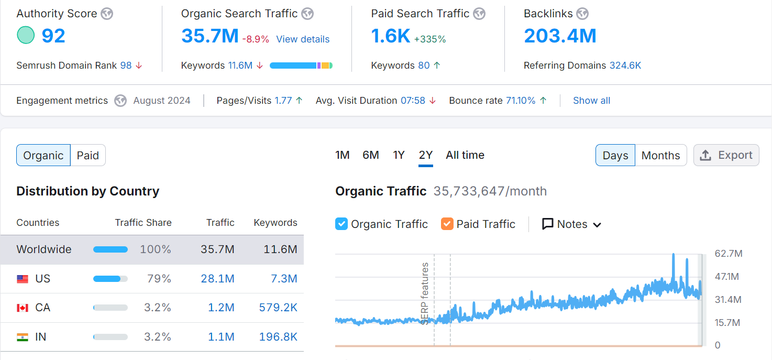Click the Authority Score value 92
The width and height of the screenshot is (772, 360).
tap(53, 36)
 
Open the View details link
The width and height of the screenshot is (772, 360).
tap(303, 39)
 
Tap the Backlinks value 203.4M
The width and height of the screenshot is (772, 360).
tap(560, 36)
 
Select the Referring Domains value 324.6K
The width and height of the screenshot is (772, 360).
tap(625, 66)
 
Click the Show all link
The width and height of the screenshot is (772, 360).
tap(591, 101)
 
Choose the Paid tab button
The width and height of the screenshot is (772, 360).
tap(88, 156)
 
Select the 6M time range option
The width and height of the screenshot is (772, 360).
tap(371, 155)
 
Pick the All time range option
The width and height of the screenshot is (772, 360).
tap(465, 155)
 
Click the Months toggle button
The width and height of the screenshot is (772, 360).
tap(660, 156)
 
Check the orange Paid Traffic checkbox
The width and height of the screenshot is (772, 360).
tap(447, 224)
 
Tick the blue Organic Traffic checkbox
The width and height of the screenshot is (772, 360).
tap(341, 224)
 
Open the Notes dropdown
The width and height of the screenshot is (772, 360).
tap(571, 224)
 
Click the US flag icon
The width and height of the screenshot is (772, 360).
tap(23, 279)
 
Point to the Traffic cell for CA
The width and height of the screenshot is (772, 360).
tap(221, 308)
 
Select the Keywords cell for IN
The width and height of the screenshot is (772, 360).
tap(278, 337)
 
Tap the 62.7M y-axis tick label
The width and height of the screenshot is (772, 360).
tap(729, 254)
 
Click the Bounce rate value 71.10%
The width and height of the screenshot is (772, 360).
tap(521, 101)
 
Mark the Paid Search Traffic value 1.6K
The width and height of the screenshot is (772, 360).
tap(390, 36)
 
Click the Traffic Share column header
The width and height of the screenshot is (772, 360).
tap(143, 223)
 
